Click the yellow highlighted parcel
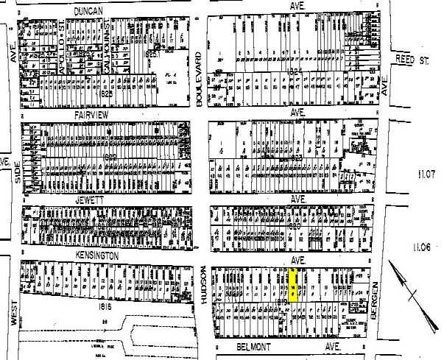point(293,285)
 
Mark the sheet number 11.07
point(426,174)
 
